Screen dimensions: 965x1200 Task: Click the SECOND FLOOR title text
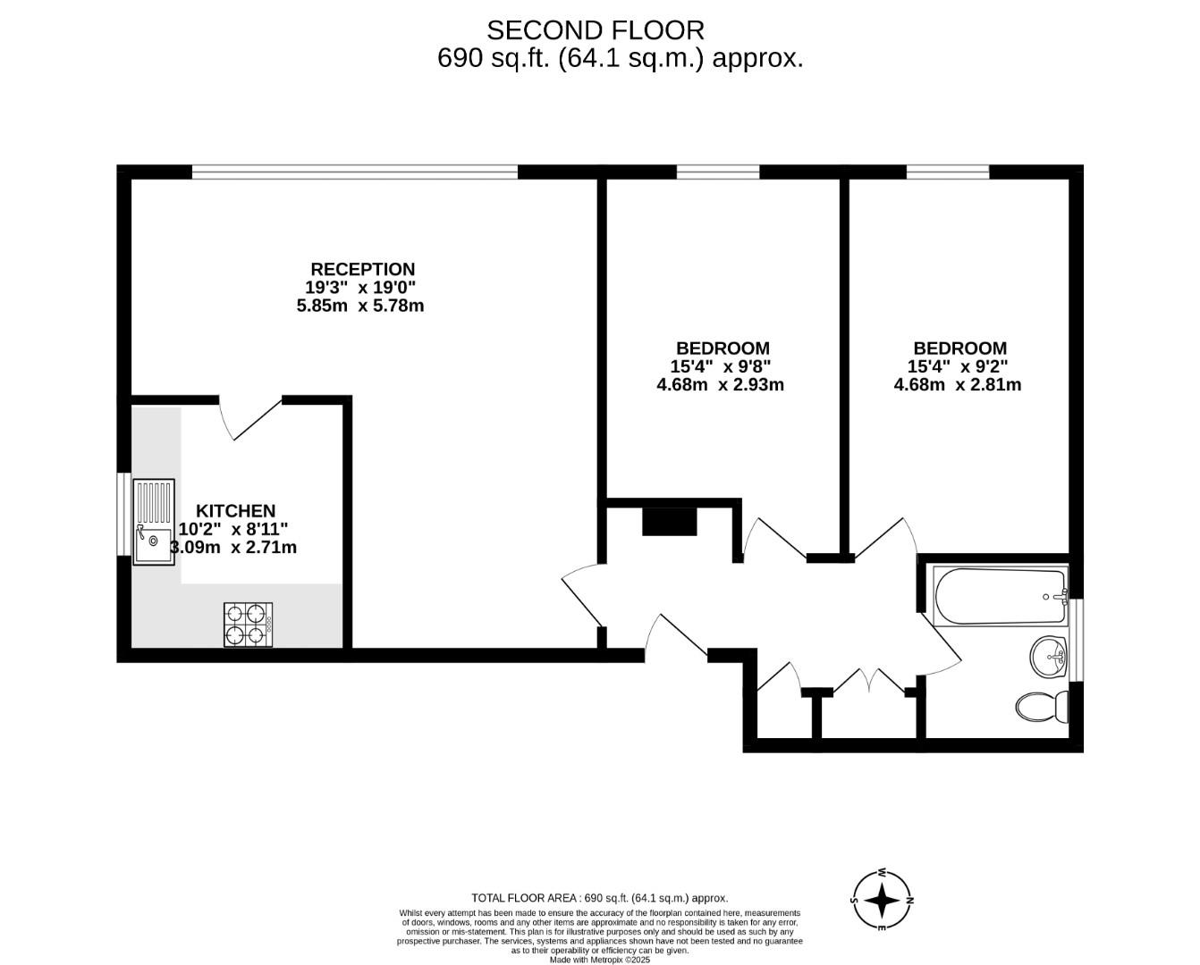(x=595, y=30)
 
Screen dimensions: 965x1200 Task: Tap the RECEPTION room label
(x=362, y=269)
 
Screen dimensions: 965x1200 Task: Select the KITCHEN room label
(x=236, y=511)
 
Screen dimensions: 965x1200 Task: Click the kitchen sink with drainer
(x=154, y=523)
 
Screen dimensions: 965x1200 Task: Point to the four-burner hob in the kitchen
(x=248, y=625)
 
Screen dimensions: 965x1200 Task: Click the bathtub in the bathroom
(x=1000, y=598)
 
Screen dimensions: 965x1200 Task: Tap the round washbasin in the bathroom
(x=1048, y=658)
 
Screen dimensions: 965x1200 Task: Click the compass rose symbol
(x=882, y=901)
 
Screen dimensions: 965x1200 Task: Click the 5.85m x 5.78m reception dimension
(x=359, y=306)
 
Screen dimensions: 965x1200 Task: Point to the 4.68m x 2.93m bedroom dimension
(x=720, y=385)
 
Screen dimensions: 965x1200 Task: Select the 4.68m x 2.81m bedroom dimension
(x=958, y=385)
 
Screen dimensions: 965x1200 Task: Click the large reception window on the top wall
(x=355, y=172)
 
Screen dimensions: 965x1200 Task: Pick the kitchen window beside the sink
(x=124, y=514)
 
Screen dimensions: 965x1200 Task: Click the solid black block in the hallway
(x=669, y=522)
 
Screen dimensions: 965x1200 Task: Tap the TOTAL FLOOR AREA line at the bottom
(x=599, y=898)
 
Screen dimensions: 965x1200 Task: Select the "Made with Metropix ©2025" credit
(x=599, y=960)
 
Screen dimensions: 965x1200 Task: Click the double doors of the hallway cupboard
(x=868, y=682)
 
